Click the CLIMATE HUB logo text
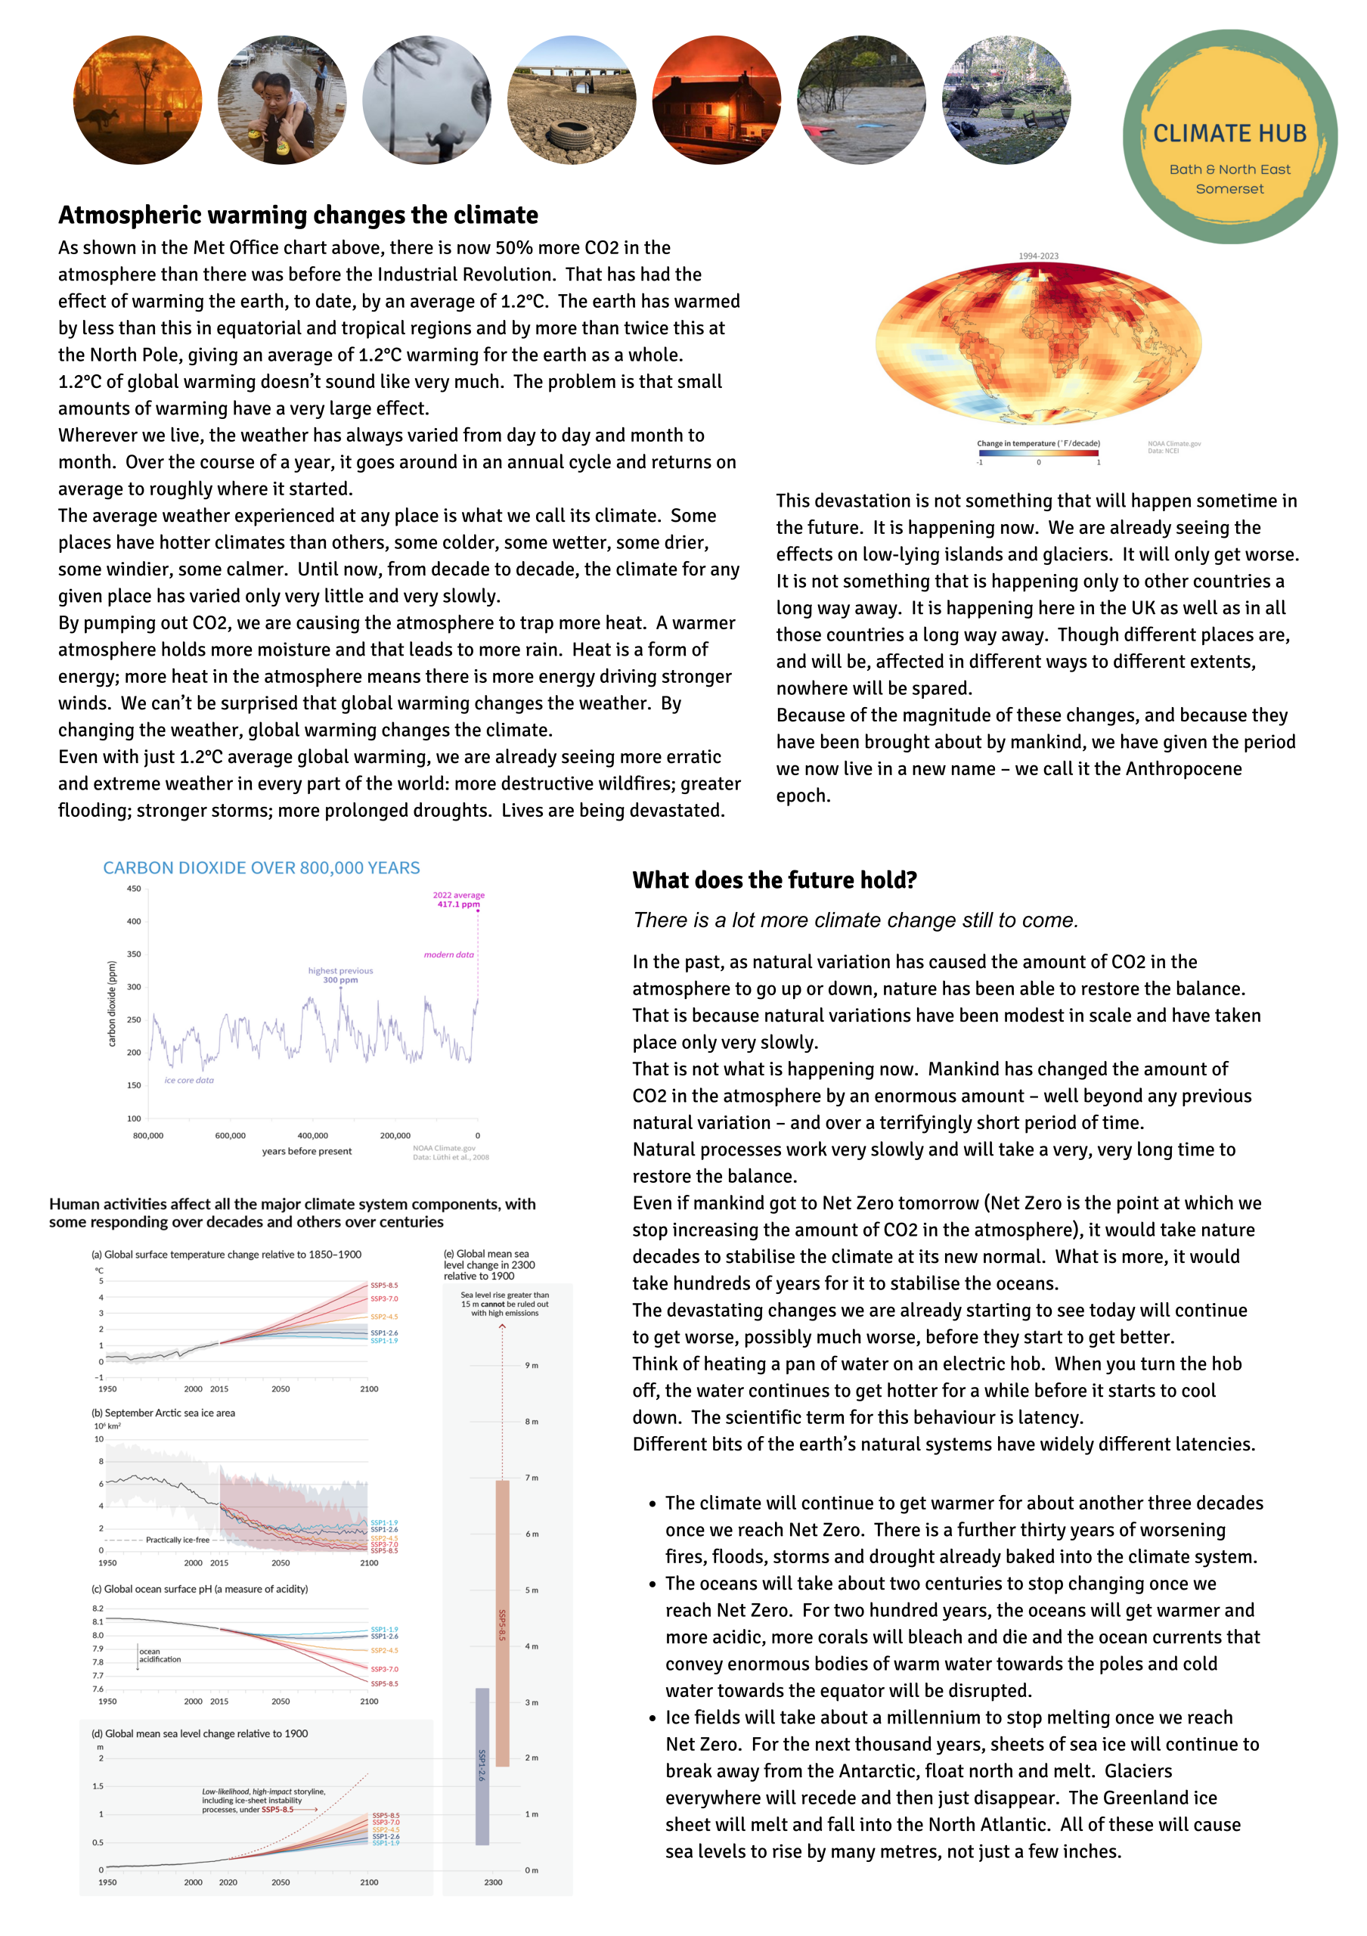click(1229, 134)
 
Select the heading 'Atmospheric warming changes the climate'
click(297, 216)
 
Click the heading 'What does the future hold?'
click(773, 880)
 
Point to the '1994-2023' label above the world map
click(1037, 256)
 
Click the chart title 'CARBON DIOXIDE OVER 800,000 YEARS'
click(262, 867)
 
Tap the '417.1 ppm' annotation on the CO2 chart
click(457, 904)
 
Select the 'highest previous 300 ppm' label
click(339, 976)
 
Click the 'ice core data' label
click(189, 1080)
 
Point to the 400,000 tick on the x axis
click(313, 1136)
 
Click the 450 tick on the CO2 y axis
click(134, 889)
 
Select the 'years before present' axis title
click(307, 1152)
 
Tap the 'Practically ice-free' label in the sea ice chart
click(177, 1540)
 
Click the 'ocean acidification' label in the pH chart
click(160, 1655)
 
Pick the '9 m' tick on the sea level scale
click(531, 1365)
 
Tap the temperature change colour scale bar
click(1038, 453)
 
